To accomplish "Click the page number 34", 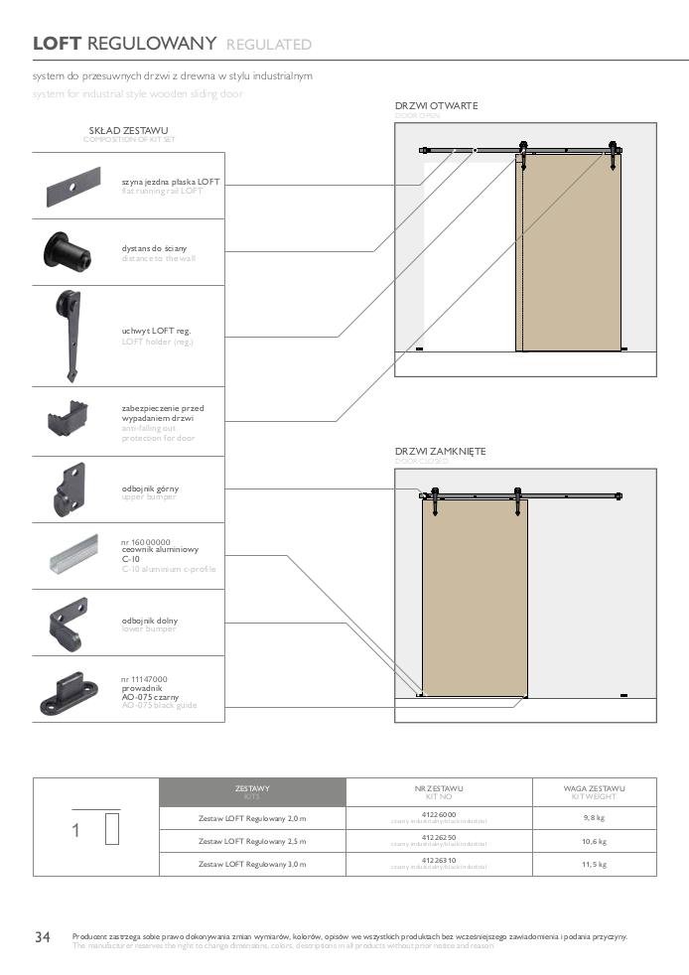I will point(43,937).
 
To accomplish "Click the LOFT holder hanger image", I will point(70,336).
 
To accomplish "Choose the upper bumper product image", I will point(70,488).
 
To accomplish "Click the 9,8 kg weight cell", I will point(595,819).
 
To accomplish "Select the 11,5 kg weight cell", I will point(595,864).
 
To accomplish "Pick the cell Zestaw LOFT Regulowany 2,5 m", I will point(252,842).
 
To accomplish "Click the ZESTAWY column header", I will point(252,791).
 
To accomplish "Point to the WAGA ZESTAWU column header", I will point(595,791).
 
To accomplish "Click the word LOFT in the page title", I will point(58,44).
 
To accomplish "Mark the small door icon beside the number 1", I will point(111,828).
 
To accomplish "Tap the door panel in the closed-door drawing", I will point(474,596).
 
